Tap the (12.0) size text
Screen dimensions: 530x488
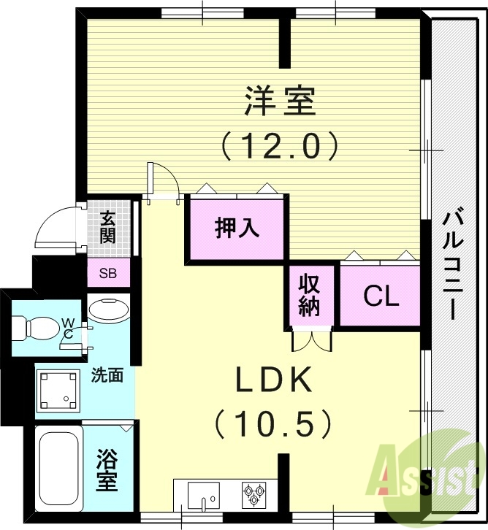point(281,146)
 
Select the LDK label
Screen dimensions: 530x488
point(273,380)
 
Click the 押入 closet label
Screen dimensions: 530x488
point(237,228)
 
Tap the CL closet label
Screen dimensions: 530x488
point(381,296)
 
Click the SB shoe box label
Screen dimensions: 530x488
point(107,275)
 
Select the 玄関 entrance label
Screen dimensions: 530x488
point(108,226)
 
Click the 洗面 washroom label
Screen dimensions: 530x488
point(107,376)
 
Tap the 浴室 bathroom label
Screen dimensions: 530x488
point(107,471)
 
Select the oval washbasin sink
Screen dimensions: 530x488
point(107,309)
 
